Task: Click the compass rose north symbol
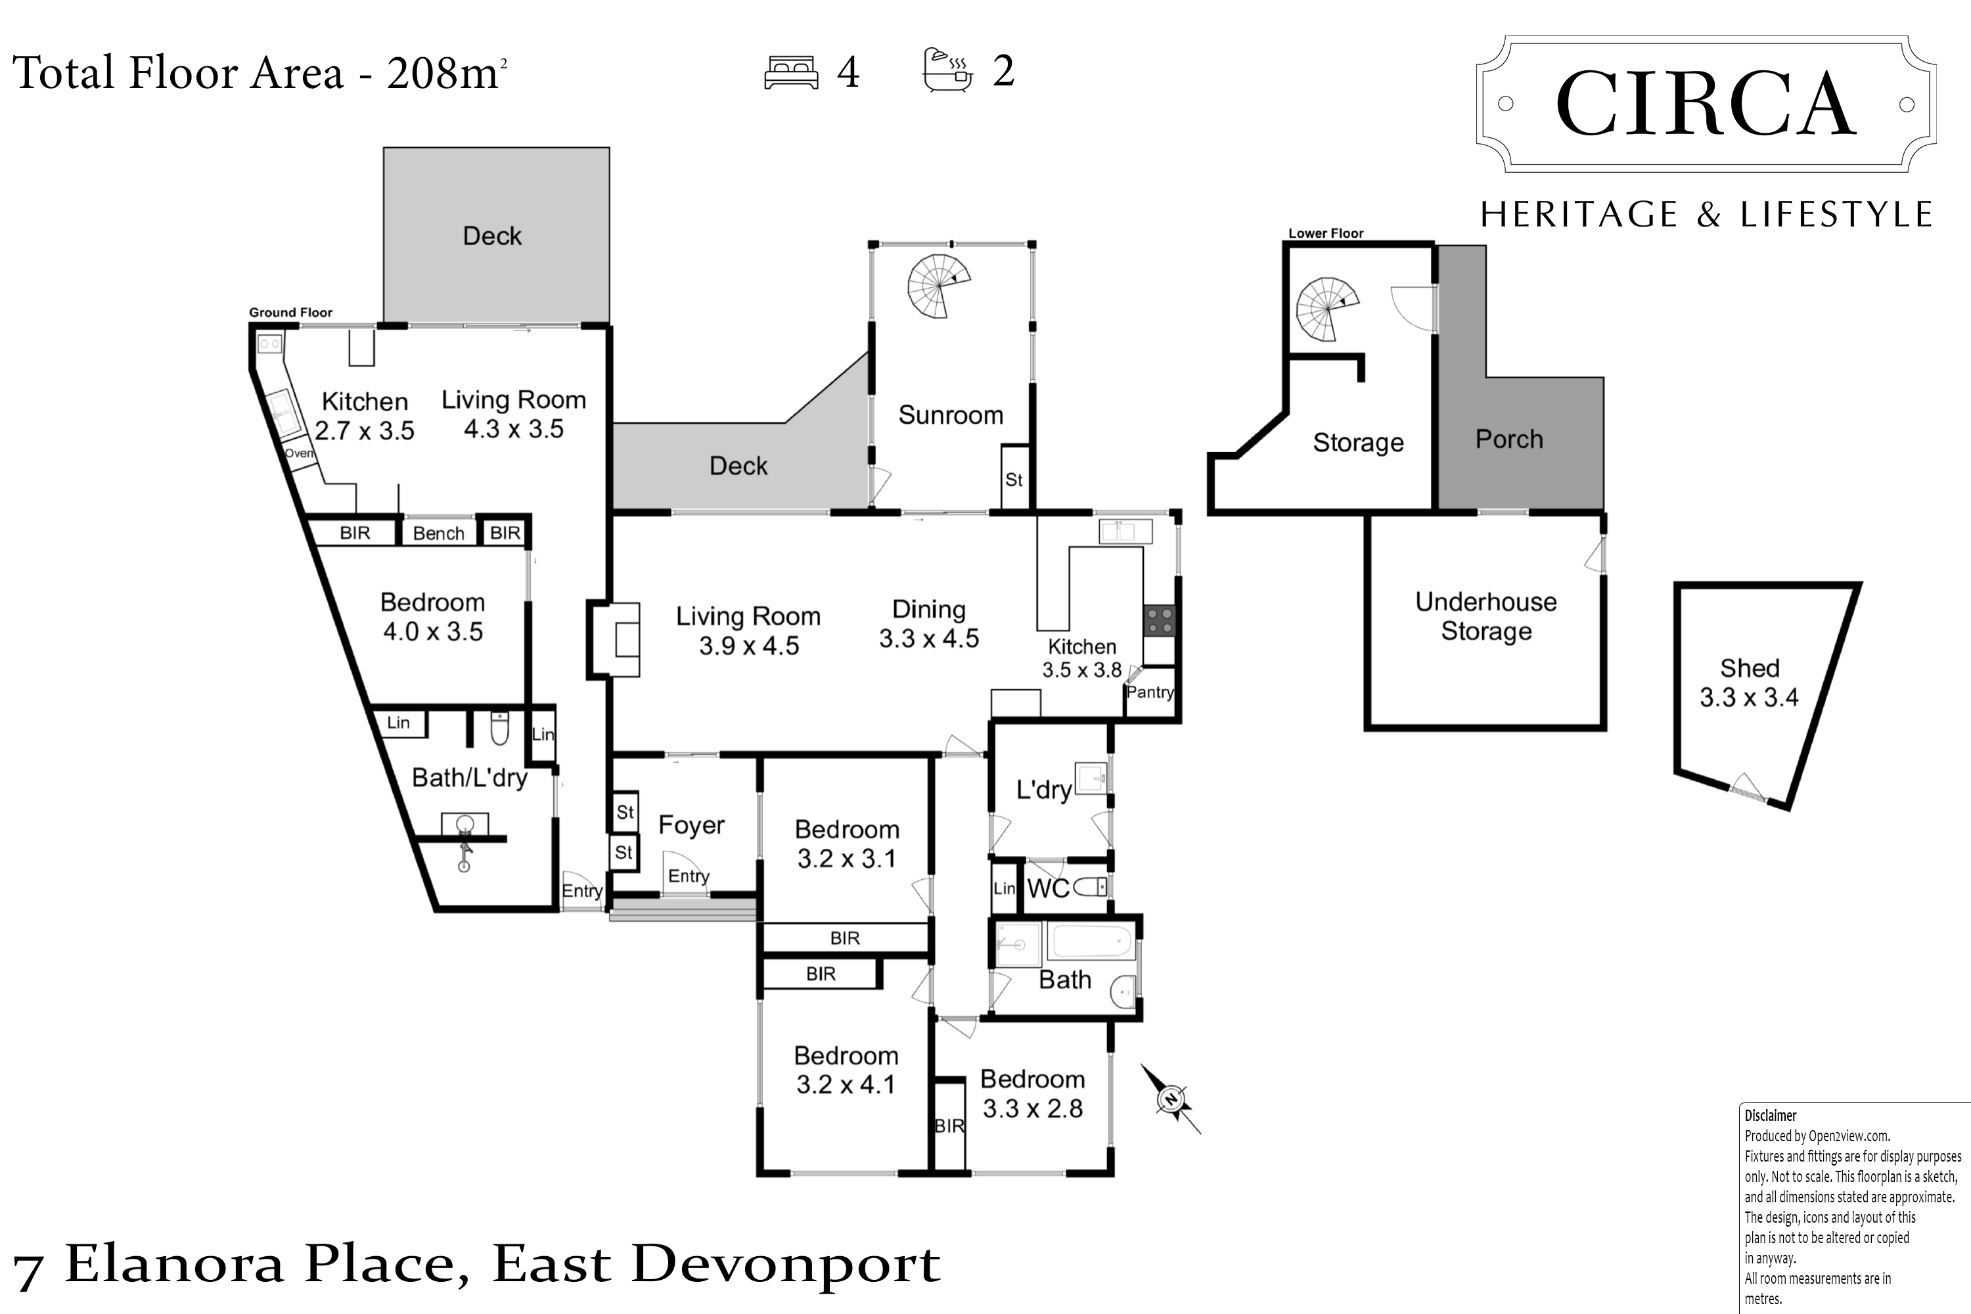(x=1171, y=1099)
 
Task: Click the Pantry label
(x=1150, y=692)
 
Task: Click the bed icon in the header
(x=791, y=72)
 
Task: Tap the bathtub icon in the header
(x=948, y=70)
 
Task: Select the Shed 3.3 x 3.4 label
(x=1749, y=682)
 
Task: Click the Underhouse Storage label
(x=1485, y=616)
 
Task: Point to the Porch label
(x=1509, y=439)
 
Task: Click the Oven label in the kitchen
(x=299, y=453)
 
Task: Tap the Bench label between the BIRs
(x=438, y=533)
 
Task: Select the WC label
(x=1049, y=888)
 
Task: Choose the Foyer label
(x=691, y=825)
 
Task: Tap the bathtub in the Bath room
(x=1089, y=942)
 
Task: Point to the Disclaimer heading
(x=1771, y=1116)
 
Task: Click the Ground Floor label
(x=291, y=313)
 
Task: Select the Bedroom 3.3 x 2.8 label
(x=1032, y=1094)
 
